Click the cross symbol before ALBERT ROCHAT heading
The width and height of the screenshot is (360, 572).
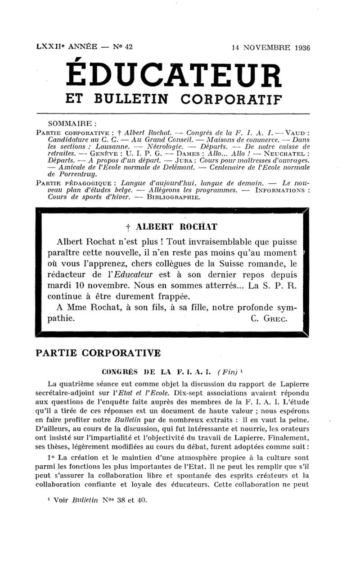pos(128,226)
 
